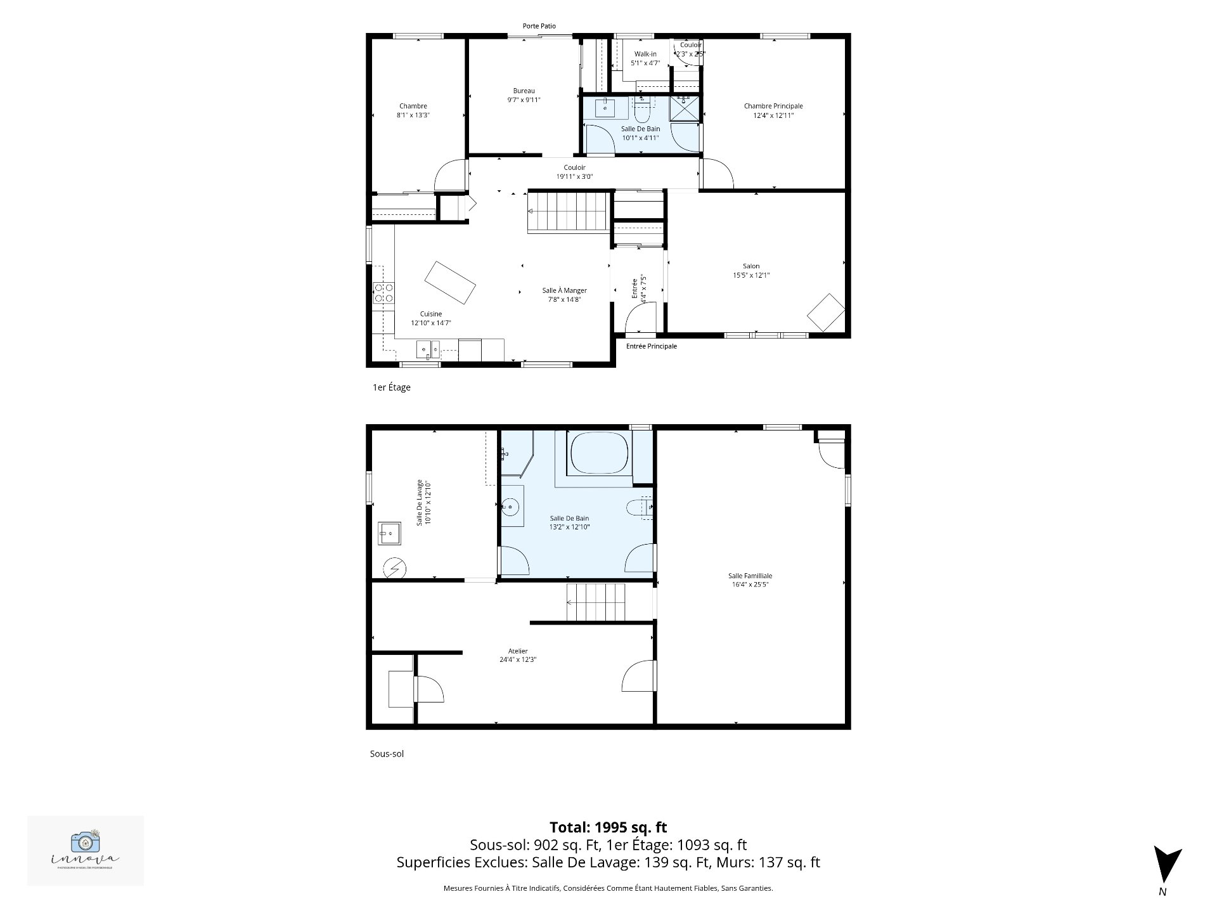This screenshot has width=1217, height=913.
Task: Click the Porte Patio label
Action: tap(539, 26)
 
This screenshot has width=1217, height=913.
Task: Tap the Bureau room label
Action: tap(524, 91)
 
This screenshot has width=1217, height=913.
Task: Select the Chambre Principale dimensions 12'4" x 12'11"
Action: tap(773, 115)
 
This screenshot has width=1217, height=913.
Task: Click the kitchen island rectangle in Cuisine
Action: tap(450, 283)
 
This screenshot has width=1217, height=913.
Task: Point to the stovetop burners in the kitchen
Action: tap(383, 292)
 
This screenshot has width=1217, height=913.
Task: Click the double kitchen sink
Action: tap(428, 349)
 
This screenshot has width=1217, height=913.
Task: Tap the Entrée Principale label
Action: tap(651, 346)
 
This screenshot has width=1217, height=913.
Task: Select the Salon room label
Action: tap(751, 266)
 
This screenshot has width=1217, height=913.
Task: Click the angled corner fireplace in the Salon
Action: tap(825, 312)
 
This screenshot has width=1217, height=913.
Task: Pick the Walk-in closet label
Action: tap(645, 54)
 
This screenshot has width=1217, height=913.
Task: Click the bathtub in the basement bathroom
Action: tap(599, 452)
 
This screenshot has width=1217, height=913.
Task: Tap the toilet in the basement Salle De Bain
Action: tap(637, 507)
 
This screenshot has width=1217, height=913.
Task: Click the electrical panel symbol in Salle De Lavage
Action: tap(395, 568)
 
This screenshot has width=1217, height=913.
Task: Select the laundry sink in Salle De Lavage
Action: tap(389, 533)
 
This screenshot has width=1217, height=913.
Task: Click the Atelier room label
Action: tap(518, 651)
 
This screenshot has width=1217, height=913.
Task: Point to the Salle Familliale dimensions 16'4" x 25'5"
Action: tap(750, 585)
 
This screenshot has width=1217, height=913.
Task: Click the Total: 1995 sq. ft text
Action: tap(608, 827)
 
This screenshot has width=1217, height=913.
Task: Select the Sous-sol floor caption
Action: tap(387, 754)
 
